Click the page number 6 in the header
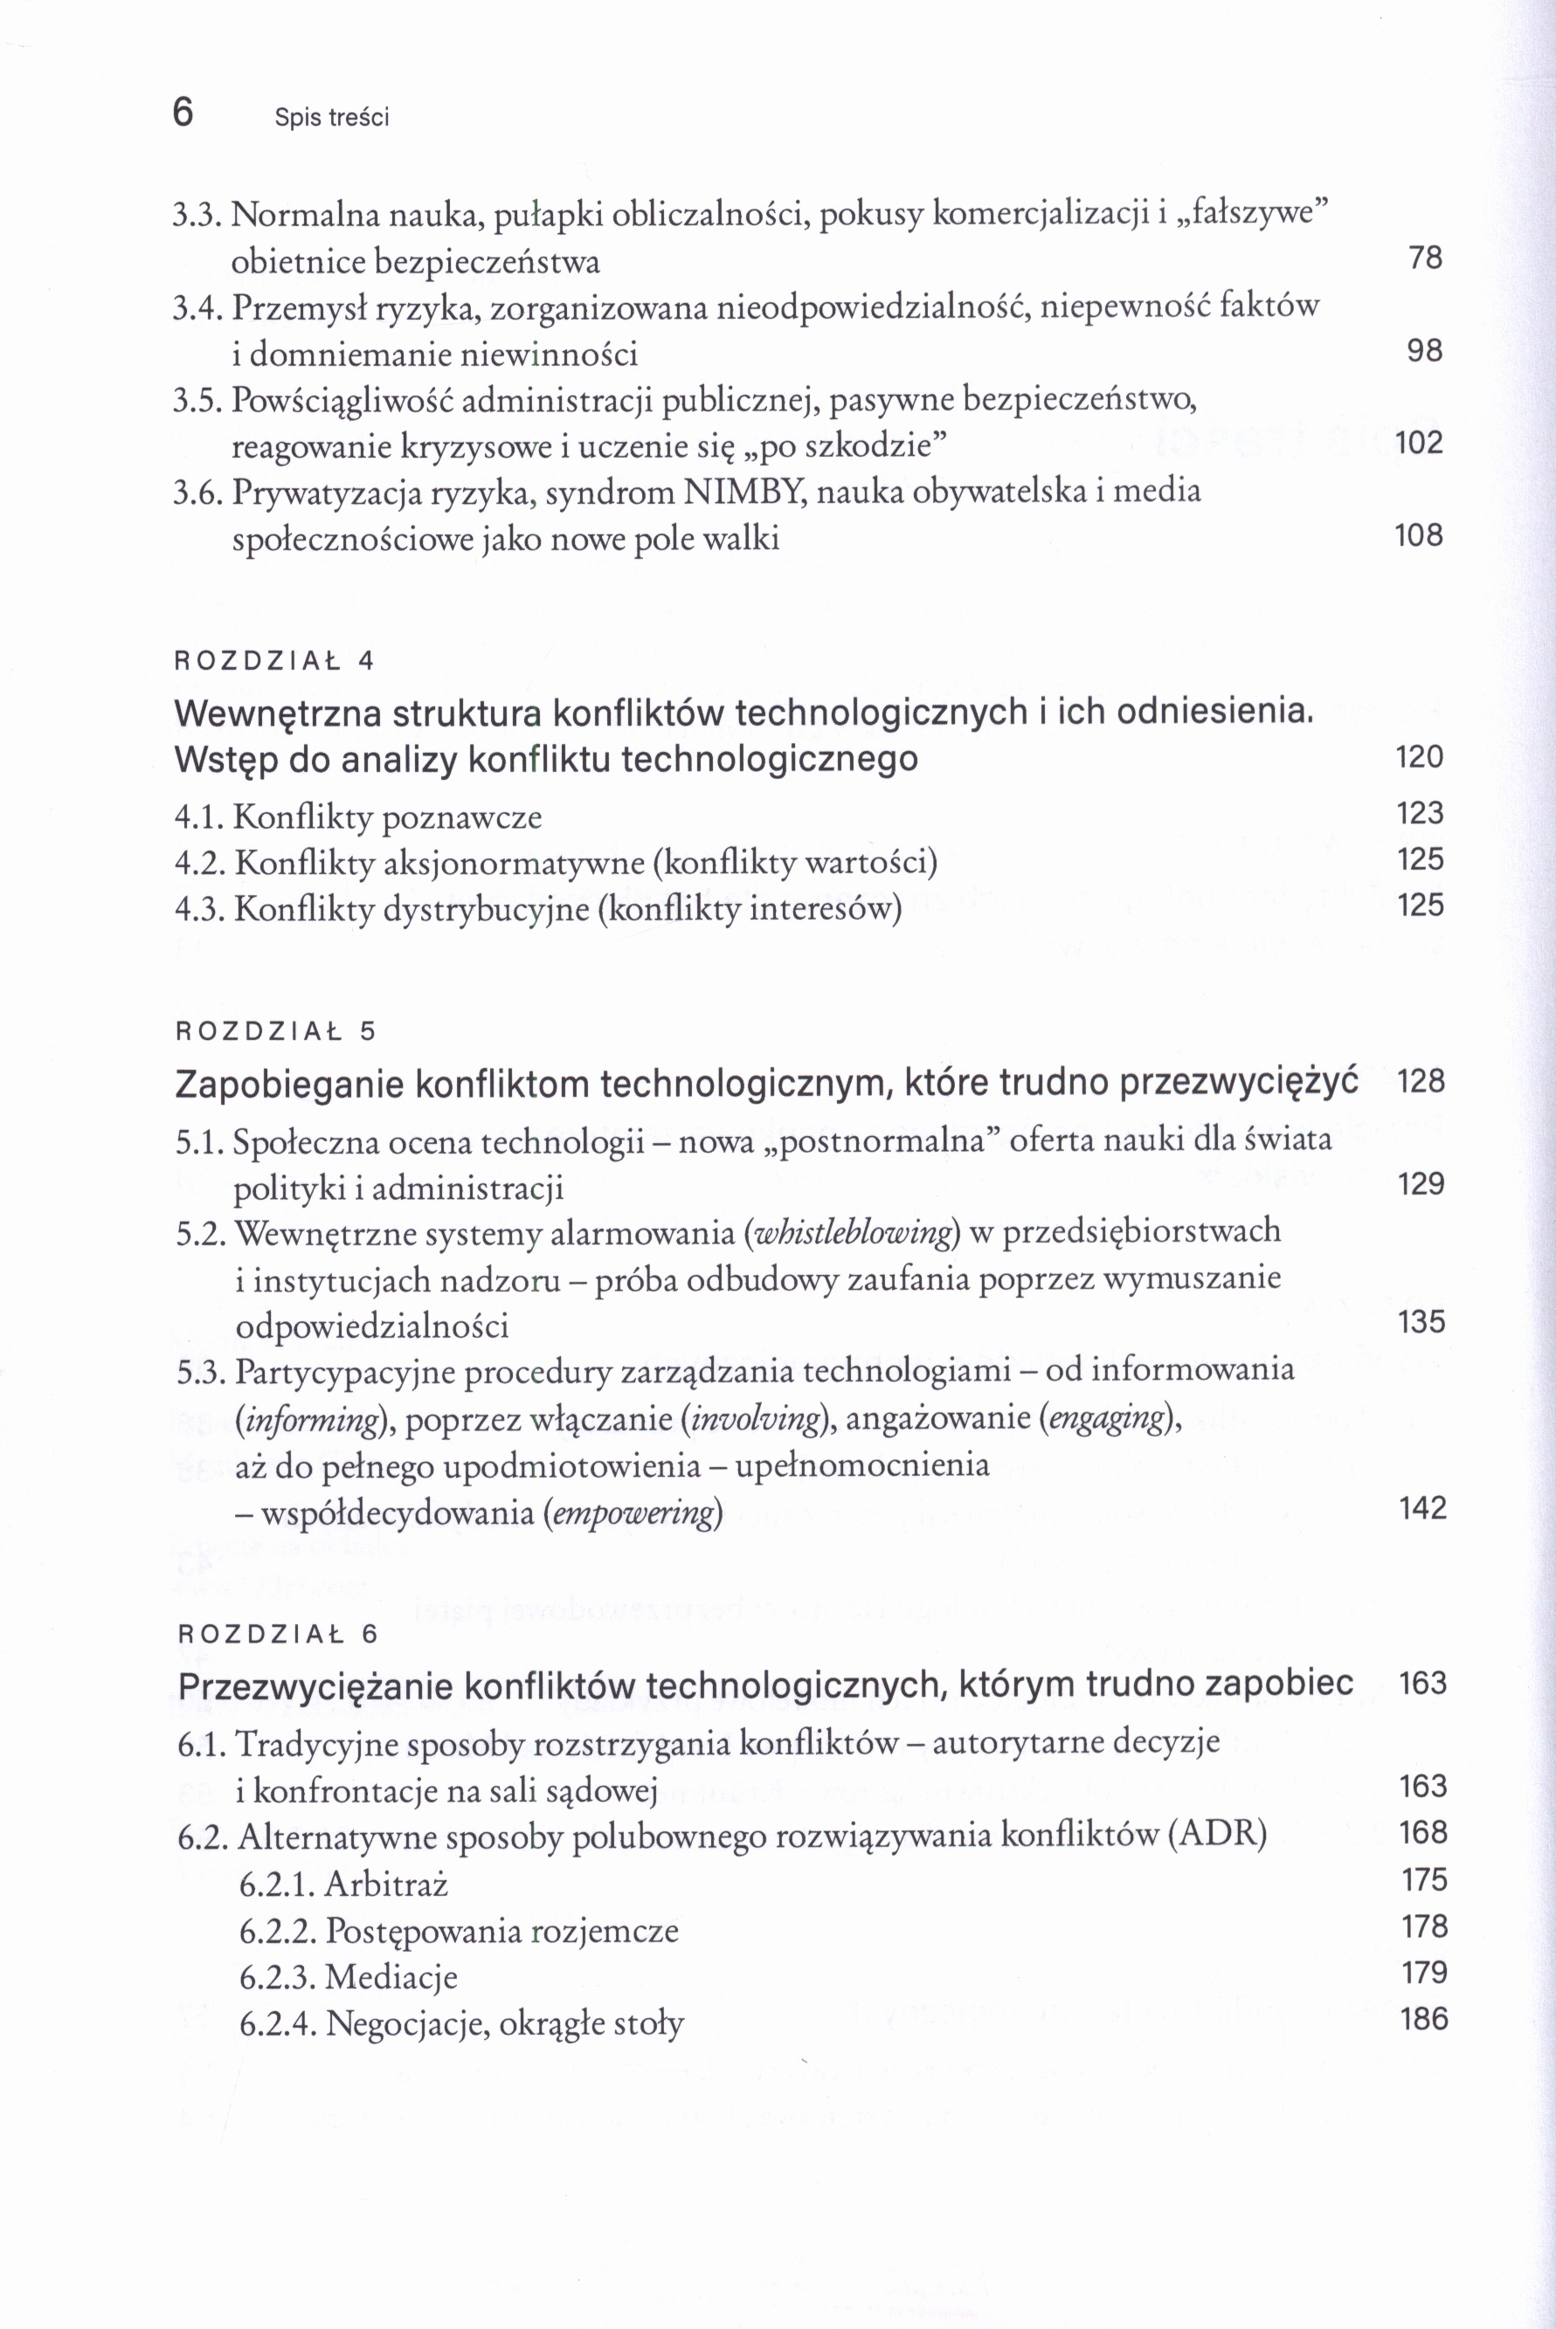tap(183, 113)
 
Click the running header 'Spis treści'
tap(331, 118)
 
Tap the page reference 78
tap(1424, 258)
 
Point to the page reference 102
tap(1418, 443)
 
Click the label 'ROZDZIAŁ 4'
tap(273, 662)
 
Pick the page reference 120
tap(1418, 758)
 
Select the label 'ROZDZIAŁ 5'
tap(276, 1031)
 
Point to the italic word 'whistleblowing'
tap(853, 1233)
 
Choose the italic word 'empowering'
tap(633, 1513)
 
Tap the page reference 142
tap(1422, 1509)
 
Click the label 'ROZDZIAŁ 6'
tap(278, 1635)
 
